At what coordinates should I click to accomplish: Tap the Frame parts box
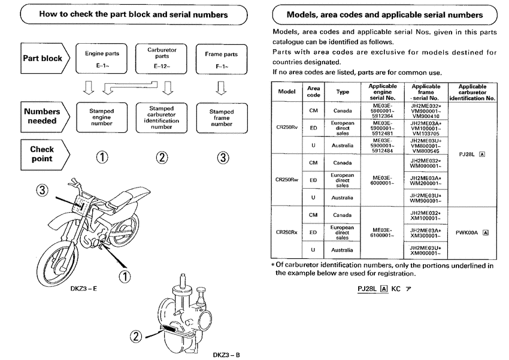pyautogui.click(x=221, y=58)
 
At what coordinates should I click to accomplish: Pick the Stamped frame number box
pyautogui.click(x=221, y=116)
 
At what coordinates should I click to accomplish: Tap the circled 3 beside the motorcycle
pyautogui.click(x=41, y=191)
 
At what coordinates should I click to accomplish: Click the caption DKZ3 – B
pyautogui.click(x=226, y=355)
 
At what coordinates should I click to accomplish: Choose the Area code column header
pyautogui.click(x=313, y=92)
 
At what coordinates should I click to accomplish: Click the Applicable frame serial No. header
pyautogui.click(x=426, y=92)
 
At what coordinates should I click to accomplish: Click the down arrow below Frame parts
pyautogui.click(x=222, y=89)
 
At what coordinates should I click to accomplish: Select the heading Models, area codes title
pyautogui.click(x=385, y=14)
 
